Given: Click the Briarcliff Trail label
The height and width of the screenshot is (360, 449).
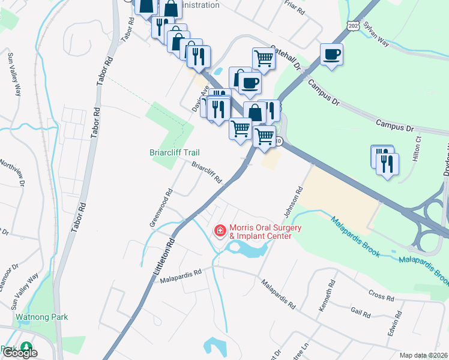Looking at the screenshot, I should pos(174,153).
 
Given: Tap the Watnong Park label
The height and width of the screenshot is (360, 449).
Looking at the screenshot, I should pos(43,317).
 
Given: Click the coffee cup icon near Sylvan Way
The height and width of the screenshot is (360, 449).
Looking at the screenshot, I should pos(331,54).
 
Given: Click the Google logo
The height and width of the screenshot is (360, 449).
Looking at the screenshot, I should pos(19,353).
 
